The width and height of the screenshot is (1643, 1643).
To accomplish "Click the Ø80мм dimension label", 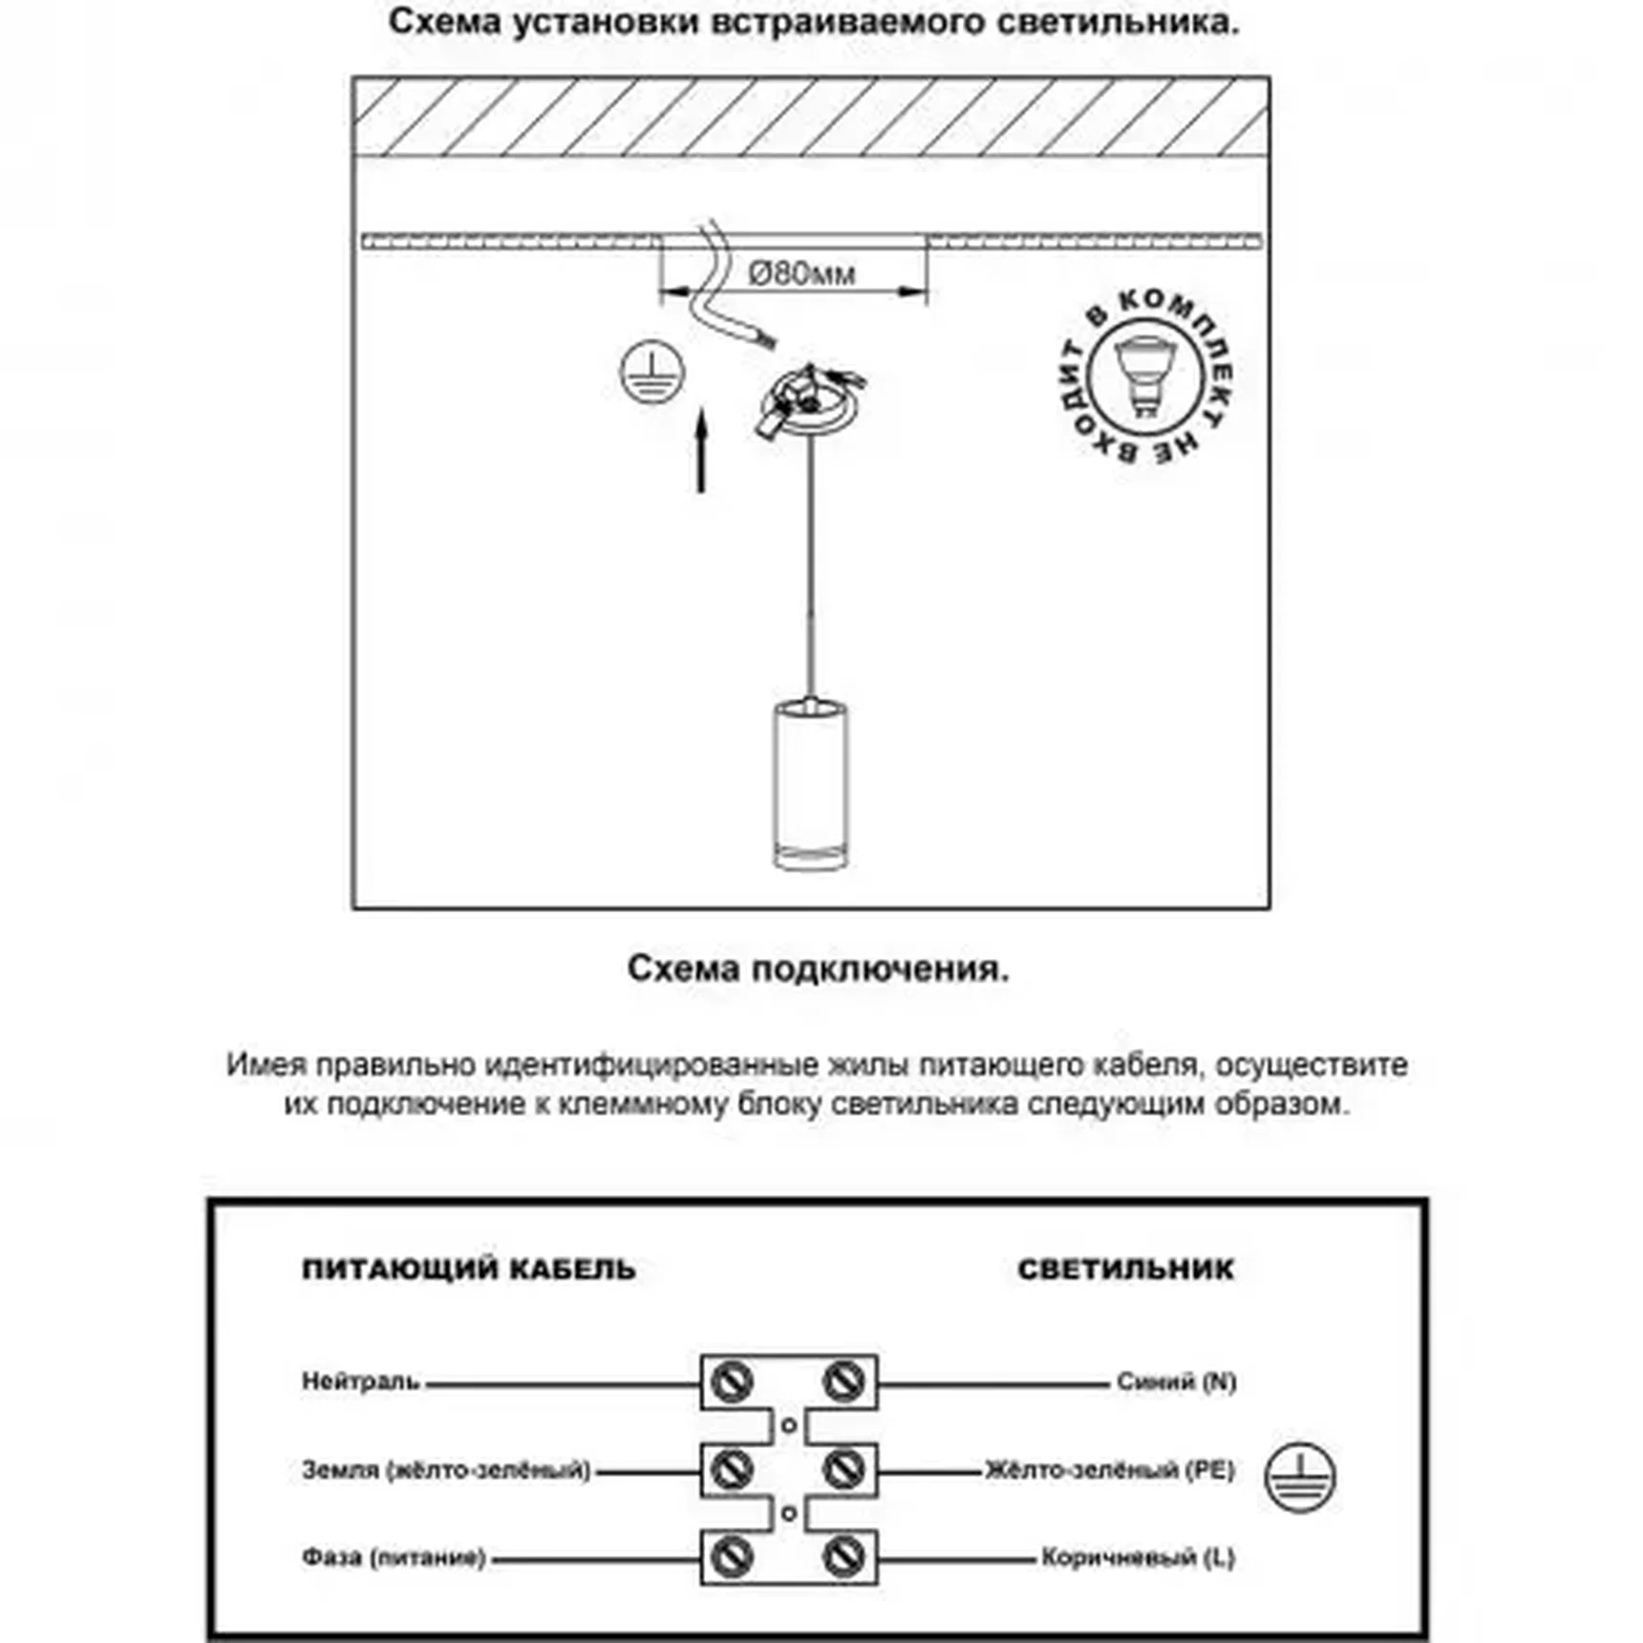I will point(801,274).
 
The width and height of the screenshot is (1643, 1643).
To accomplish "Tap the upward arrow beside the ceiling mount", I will point(702,450).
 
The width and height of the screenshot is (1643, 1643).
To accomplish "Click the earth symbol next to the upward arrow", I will point(651,372).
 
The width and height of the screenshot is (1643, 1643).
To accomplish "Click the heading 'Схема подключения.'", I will point(818,969).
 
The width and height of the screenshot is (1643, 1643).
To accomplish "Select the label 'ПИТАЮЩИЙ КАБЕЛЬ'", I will point(468,1270).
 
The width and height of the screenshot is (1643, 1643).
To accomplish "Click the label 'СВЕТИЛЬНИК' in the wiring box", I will point(1125,1270).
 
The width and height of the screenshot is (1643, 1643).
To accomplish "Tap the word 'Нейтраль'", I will point(361,1381).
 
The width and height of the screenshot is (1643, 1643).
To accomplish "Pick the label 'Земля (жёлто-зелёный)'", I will point(446,1469).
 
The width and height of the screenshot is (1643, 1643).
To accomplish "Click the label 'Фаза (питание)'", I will point(394,1558).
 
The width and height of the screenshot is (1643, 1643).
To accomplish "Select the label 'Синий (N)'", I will point(1176,1381).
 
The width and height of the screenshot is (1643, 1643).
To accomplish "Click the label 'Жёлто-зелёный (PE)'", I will point(1110,1469).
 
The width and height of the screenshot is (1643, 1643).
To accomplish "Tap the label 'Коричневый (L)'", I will point(1138,1558).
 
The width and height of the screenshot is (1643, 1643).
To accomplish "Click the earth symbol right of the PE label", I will point(1300,1476).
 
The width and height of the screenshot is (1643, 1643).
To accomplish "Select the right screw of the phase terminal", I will point(843,1557).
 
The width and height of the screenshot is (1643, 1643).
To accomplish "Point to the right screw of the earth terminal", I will point(843,1469).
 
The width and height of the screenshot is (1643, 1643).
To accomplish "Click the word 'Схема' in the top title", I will point(444,21).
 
